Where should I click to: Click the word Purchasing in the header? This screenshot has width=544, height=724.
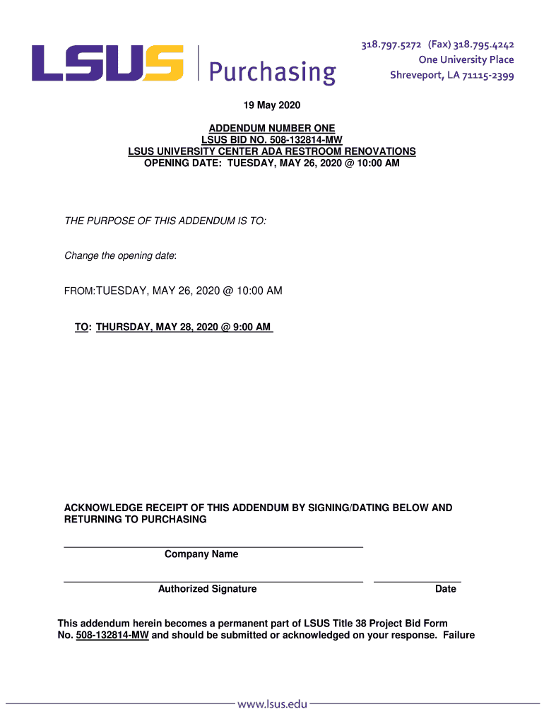272,71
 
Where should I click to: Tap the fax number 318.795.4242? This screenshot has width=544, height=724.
483,45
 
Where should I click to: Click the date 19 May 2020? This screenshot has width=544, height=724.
272,106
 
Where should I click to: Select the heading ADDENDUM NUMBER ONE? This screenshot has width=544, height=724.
272,129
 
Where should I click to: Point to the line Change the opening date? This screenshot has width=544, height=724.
121,256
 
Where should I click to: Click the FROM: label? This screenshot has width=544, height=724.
80,291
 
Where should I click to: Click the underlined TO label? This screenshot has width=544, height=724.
82,327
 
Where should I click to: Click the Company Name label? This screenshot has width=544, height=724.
201,554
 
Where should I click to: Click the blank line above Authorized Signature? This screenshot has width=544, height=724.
213,581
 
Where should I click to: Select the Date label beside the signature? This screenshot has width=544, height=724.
445,589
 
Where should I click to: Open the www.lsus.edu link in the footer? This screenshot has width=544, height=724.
272,703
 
